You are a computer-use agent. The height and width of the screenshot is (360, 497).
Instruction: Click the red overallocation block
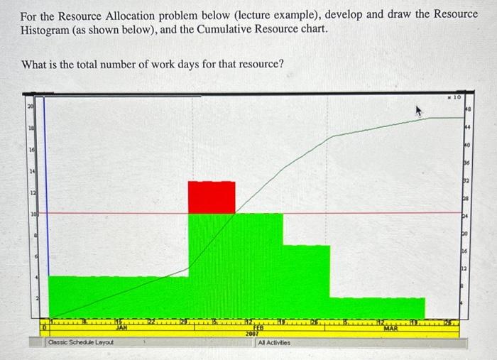click(212, 197)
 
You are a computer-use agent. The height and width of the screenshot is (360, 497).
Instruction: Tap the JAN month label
click(121, 328)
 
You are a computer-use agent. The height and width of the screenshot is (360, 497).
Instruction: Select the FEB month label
click(259, 328)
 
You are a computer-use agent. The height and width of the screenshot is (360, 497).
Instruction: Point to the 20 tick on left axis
click(30, 105)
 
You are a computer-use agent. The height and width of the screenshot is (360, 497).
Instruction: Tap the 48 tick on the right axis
click(467, 110)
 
